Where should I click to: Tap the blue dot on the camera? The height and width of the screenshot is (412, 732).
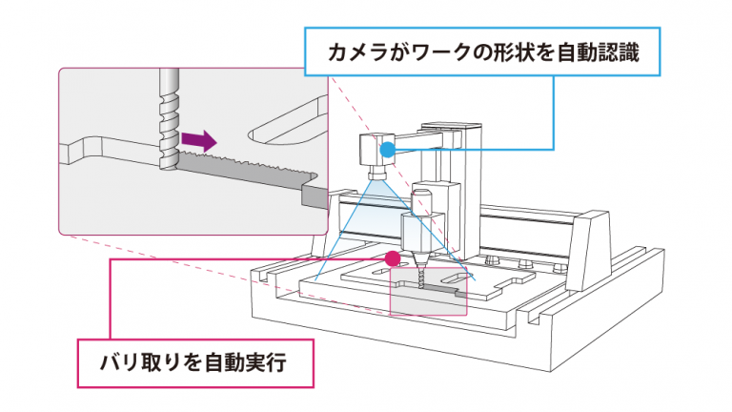pyautogui.click(x=386, y=149)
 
